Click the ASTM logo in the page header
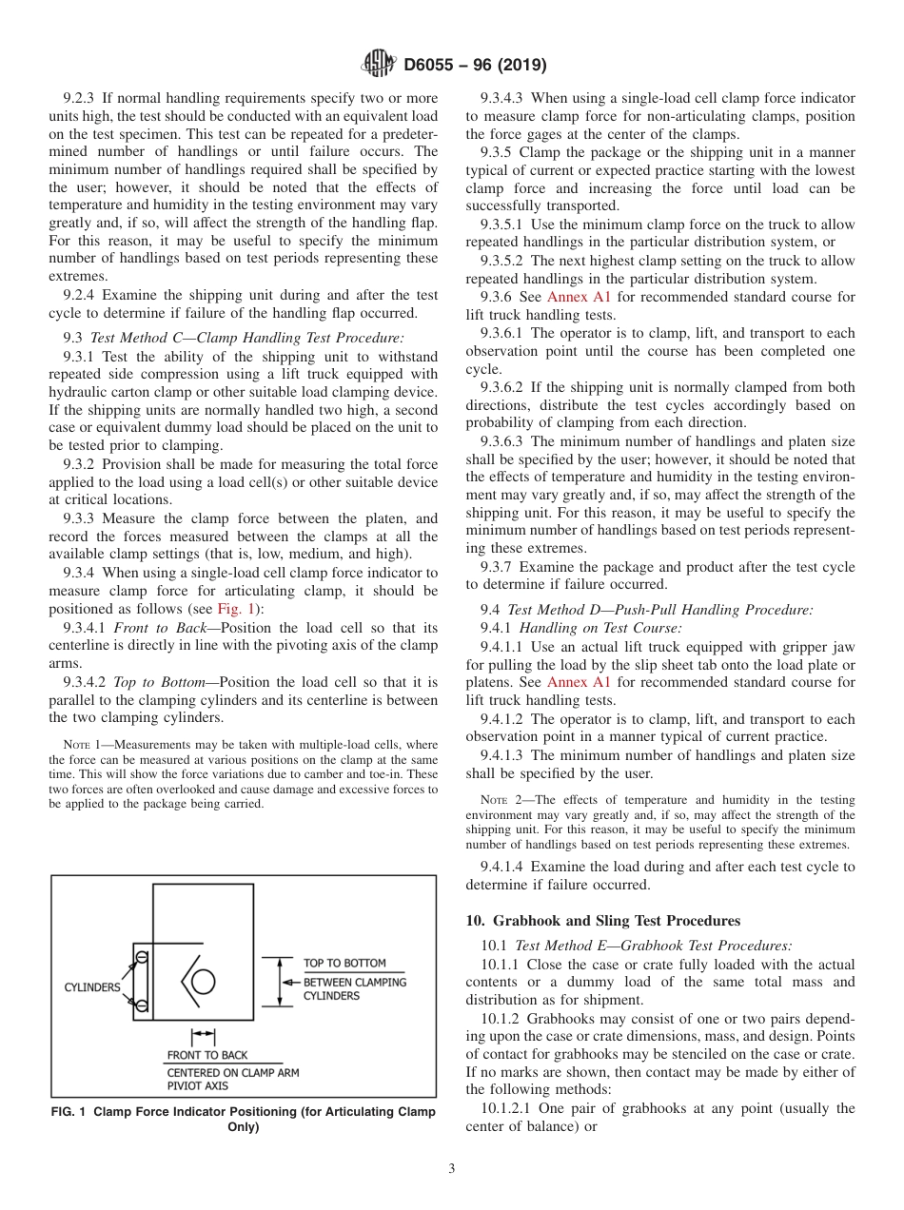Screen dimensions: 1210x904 [x=380, y=66]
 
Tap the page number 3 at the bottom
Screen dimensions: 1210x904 [x=451, y=1169]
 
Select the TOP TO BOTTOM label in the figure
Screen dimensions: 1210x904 [x=344, y=964]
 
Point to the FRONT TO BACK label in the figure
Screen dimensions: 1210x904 [x=206, y=1055]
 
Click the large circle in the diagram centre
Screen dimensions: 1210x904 [x=204, y=982]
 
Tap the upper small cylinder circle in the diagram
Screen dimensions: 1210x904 [x=141, y=955]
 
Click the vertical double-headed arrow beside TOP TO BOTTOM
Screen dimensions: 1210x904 [x=280, y=981]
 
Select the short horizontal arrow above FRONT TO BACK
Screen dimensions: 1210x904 [x=203, y=1035]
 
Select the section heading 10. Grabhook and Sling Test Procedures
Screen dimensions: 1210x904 [x=602, y=921]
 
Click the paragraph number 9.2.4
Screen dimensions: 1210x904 [x=80, y=295]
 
